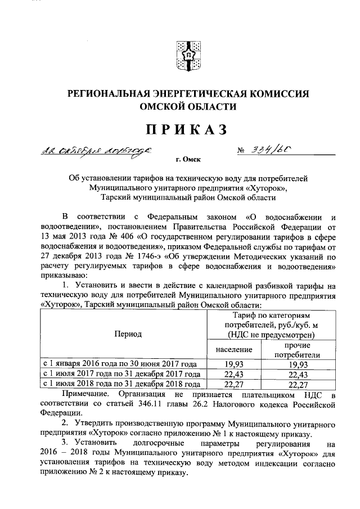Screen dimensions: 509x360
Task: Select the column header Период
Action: pyautogui.click(x=128, y=334)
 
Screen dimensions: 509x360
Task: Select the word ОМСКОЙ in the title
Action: pyautogui.click(x=159, y=106)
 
